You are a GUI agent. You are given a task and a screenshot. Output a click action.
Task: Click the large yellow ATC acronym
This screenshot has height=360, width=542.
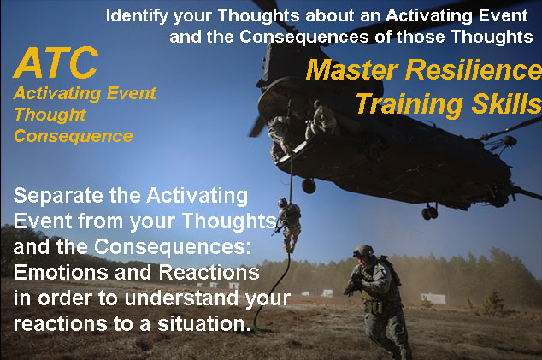56,62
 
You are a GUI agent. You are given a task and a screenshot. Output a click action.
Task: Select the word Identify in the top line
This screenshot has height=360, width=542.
137,16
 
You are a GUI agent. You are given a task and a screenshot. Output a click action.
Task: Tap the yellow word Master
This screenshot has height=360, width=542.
352,69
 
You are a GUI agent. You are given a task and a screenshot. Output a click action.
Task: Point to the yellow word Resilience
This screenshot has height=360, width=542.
474,69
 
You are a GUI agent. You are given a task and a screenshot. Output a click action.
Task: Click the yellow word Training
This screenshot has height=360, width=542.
409,103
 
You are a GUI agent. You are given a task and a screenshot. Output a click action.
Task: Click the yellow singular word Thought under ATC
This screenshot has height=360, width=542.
50,115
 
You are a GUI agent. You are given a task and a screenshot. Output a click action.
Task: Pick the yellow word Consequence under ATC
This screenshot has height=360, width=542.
74,136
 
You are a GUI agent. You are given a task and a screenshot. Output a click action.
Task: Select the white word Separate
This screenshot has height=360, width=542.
59,196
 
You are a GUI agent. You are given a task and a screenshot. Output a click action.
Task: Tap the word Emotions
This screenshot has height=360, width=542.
61,273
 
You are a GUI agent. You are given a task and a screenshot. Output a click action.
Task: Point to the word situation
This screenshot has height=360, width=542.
204,324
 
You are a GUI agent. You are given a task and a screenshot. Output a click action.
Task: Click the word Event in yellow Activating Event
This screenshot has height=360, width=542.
132,93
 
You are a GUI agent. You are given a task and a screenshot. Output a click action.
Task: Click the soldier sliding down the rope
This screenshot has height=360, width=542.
289,224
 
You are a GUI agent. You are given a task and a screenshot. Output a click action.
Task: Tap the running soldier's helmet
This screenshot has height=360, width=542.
363,251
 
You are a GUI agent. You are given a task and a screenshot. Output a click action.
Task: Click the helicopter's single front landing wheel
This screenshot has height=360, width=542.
309,186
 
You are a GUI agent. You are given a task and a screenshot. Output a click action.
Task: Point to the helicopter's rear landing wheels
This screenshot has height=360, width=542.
430,213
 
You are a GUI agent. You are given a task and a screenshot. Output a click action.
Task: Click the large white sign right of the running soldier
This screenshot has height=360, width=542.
433,298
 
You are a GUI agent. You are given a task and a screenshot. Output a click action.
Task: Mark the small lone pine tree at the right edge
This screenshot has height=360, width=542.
492,303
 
